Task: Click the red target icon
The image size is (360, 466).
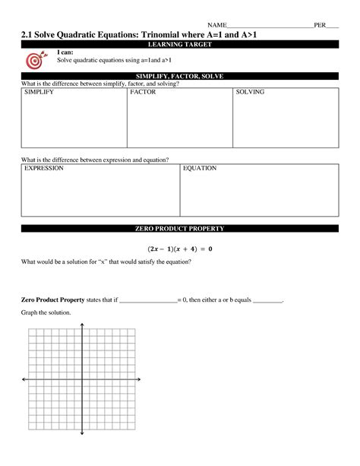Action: [35, 60]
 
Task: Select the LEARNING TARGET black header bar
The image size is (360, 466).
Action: [180, 45]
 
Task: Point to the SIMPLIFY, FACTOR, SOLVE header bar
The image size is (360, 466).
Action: [180, 76]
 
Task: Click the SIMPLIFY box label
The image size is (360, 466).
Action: [39, 92]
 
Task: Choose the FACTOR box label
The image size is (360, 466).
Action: [143, 92]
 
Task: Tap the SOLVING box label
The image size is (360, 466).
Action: [250, 92]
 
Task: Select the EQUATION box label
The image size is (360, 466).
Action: [200, 168]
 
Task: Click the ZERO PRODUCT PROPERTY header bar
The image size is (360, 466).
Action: [180, 229]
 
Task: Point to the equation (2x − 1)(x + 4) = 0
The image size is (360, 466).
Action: [179, 248]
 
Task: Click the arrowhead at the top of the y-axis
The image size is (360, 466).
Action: [81, 326]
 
